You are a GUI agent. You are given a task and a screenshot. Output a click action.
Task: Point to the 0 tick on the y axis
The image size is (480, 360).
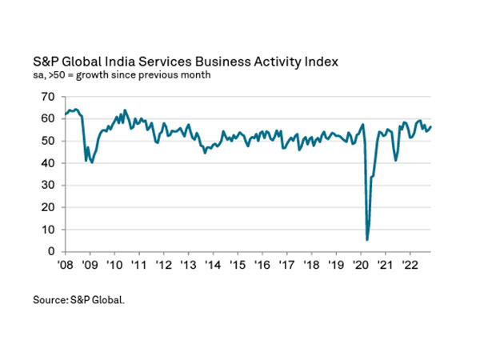[50, 252]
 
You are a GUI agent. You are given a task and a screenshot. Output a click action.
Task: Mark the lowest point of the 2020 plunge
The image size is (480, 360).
[367, 239]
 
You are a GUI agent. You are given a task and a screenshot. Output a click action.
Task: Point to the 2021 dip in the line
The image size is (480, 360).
[396, 160]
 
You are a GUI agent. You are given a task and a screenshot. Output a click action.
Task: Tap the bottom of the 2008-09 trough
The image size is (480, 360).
[92, 162]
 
